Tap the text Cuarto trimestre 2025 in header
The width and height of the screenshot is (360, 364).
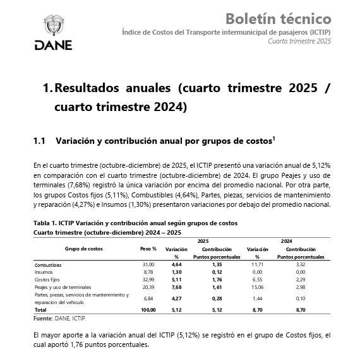coord(299,41)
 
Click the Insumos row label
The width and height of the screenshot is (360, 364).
coord(44,271)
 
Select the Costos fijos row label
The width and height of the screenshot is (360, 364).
coord(47,279)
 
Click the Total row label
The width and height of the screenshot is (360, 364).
coord(40,310)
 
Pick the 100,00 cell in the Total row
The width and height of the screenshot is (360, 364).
coord(148,310)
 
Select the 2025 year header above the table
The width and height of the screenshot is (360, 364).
coord(203,241)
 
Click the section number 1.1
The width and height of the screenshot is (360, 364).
coord(40,140)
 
